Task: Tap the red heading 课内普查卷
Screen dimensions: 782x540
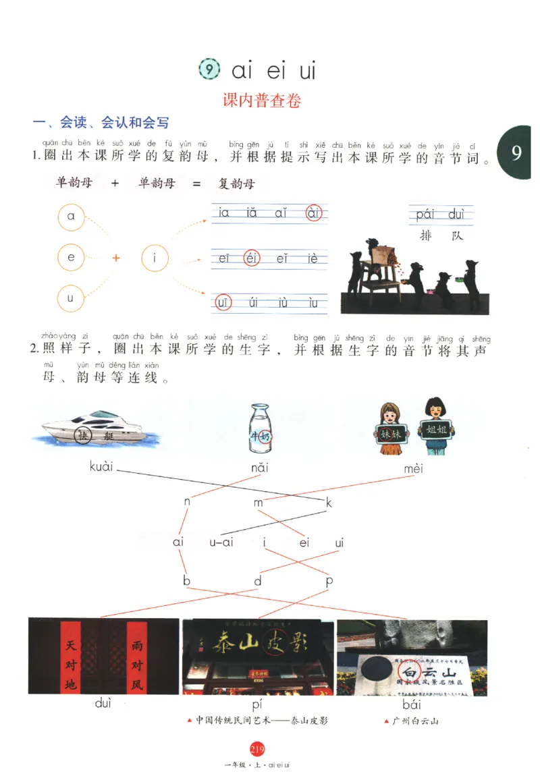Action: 262,101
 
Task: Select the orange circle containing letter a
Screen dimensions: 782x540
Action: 70,217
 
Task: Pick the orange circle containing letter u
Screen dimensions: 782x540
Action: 70,298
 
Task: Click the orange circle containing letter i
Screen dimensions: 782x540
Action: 155,258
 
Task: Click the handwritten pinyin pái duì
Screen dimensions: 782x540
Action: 441,215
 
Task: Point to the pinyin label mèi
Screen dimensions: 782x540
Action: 413,468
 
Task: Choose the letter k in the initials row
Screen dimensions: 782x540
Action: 329,502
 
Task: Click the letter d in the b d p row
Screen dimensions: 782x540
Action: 257,581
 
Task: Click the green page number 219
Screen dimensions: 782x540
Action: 256,748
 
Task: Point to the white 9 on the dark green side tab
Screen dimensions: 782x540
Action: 516,153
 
